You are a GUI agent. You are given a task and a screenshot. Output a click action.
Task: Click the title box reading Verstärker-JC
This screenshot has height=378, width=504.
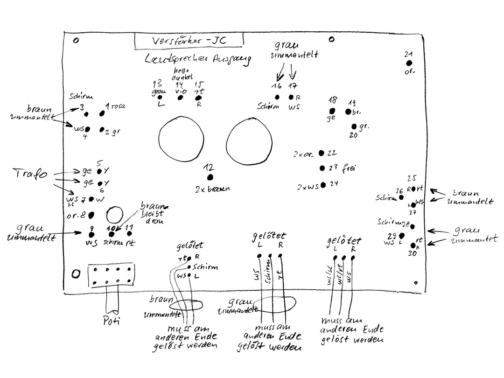[x=189, y=41]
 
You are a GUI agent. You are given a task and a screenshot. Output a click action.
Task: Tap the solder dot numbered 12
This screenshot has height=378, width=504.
[x=210, y=177]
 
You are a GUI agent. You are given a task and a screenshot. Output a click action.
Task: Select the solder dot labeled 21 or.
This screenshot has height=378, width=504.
[x=409, y=63]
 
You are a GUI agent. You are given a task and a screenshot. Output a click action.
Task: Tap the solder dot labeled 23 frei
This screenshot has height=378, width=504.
[x=322, y=168]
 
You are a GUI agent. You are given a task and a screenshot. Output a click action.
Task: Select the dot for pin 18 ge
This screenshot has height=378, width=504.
[x=332, y=111]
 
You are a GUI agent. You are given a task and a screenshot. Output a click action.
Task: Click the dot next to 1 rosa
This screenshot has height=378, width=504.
[x=101, y=113]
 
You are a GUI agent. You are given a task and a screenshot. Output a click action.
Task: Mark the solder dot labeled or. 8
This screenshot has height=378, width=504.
[x=91, y=215]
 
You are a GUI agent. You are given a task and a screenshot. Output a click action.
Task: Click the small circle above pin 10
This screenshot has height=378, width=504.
[x=113, y=216]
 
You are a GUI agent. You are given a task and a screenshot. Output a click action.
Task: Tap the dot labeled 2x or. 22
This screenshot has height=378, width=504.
[x=322, y=153]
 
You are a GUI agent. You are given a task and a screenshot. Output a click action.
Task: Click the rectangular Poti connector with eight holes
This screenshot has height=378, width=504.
[x=111, y=276]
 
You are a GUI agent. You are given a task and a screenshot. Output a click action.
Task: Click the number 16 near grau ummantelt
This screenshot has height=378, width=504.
[x=277, y=86]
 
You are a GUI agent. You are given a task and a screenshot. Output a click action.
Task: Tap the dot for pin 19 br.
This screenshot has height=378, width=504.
[x=348, y=112]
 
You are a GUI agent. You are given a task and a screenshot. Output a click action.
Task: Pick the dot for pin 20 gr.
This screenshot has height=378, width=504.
[x=355, y=126]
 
